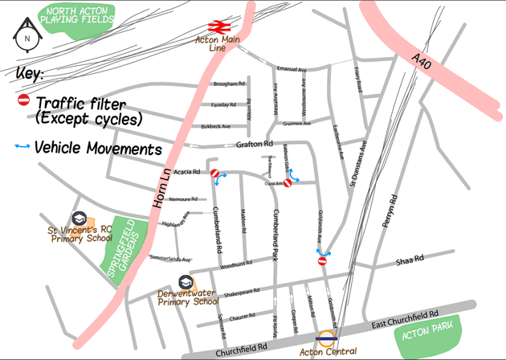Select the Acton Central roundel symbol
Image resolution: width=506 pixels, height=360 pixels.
click(x=325, y=338)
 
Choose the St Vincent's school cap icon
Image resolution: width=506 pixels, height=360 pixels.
click(x=79, y=219)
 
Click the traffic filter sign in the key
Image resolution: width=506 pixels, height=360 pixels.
click(x=23, y=100)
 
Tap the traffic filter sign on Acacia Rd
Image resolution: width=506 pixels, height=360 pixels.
click(x=214, y=174)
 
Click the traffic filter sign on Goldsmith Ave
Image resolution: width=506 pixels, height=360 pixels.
click(x=322, y=260)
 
